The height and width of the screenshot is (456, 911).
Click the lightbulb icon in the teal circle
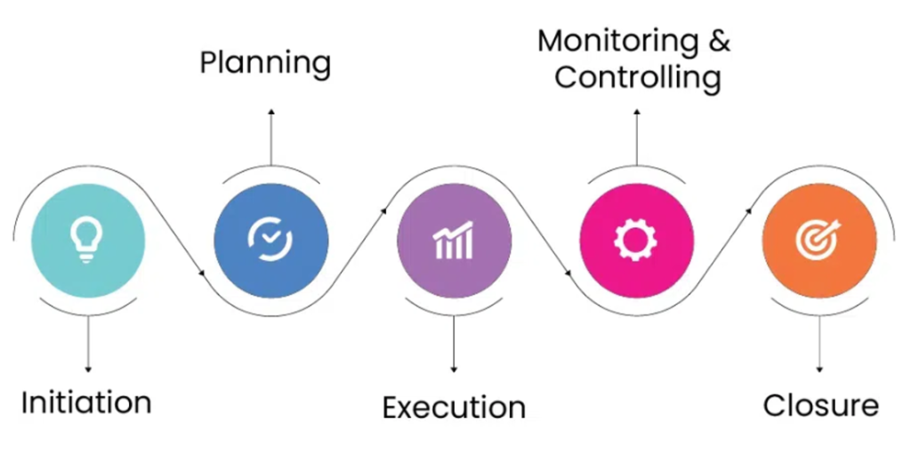coord(87,240)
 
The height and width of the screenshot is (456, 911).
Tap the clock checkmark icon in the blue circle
coord(270,240)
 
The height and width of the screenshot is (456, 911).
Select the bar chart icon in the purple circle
coord(454,241)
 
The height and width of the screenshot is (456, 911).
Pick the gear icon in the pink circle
coord(636,240)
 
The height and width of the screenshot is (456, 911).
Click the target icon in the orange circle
coord(819,240)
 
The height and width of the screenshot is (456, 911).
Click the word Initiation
coord(86,402)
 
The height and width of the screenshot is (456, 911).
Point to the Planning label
coord(265,63)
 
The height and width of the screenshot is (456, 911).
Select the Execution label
coord(454,407)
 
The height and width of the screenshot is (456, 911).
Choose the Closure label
coord(820,405)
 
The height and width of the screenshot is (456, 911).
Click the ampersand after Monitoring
coord(718,41)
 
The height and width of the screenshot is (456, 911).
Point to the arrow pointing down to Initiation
coord(87,343)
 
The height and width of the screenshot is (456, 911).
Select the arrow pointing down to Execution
coord(454,343)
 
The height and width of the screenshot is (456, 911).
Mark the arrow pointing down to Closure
coord(819,343)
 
